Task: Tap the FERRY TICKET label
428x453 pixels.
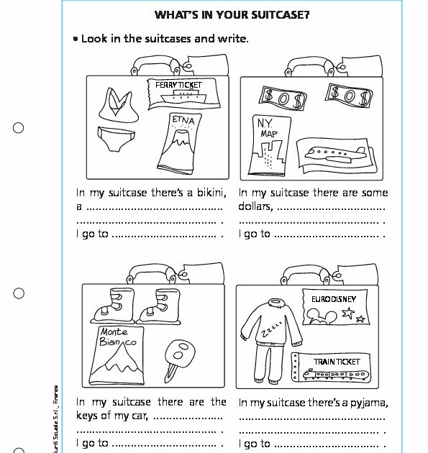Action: click(x=179, y=85)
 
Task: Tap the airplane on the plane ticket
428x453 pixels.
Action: click(x=332, y=152)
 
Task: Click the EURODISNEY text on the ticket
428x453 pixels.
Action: click(x=334, y=297)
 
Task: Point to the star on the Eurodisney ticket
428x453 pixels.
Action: click(x=348, y=314)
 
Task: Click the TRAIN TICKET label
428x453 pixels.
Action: click(x=337, y=361)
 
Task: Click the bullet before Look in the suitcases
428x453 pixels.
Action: click(x=75, y=39)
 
